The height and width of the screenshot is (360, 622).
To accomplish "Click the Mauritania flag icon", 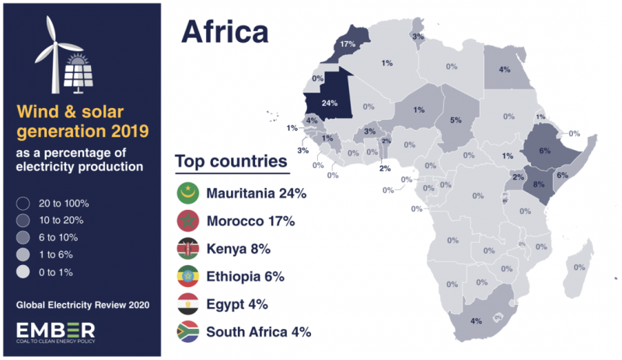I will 188,194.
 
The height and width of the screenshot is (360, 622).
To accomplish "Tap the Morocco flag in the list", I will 188,222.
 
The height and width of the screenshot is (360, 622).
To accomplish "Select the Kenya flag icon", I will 188,249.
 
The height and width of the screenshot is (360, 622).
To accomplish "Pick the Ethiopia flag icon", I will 188,277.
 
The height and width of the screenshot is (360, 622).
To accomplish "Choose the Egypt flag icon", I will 188,304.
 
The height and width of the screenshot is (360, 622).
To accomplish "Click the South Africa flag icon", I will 188,332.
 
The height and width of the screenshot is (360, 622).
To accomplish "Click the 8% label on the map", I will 539,185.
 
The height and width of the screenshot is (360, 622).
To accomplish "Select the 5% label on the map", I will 456,120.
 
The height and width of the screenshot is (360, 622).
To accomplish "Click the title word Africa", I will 225,32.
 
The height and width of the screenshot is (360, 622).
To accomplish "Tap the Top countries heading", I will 230,162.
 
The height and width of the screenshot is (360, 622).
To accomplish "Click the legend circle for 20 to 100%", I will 23,204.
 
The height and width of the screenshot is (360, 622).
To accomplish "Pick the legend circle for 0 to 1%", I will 23,271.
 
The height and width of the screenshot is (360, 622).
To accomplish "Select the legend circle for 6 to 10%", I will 23,238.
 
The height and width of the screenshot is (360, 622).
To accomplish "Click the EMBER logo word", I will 56,328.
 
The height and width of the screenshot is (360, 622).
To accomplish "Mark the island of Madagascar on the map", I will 577,268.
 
